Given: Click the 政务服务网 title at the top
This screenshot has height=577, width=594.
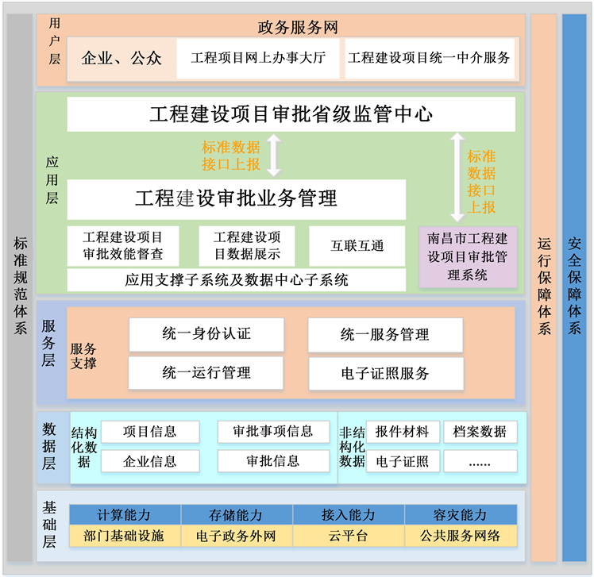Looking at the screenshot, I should [x=298, y=27].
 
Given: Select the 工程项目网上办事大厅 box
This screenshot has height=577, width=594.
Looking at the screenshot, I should [x=258, y=58].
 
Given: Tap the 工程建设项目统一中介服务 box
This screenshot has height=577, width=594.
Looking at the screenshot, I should [x=429, y=58].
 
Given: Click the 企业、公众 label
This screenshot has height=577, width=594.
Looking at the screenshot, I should [x=121, y=58].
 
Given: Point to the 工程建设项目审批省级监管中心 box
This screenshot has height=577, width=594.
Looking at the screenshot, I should [x=291, y=114].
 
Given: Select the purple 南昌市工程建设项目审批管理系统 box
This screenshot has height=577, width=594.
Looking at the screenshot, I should [x=468, y=257].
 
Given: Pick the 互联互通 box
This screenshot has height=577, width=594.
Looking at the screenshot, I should [x=357, y=246].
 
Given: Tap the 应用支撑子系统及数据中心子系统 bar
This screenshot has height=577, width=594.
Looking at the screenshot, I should [x=237, y=279].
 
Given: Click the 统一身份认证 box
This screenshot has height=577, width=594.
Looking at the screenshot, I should [x=206, y=334].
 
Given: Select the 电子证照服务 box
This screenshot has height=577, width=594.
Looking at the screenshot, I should [x=385, y=373].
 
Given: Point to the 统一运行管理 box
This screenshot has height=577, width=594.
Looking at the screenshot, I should [x=206, y=372].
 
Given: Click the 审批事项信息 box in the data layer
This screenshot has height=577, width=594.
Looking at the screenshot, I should [x=273, y=432].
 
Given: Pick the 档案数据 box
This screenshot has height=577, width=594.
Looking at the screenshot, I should [x=480, y=432].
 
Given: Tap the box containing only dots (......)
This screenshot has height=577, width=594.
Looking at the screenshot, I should [x=480, y=461].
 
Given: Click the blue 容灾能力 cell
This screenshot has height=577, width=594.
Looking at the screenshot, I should [x=461, y=515].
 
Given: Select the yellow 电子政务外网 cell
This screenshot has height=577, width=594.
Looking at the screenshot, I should [x=236, y=536].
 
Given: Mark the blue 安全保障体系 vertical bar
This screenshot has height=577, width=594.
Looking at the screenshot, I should [x=574, y=287].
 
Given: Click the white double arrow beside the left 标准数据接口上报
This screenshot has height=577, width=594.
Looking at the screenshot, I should [x=273, y=155].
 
